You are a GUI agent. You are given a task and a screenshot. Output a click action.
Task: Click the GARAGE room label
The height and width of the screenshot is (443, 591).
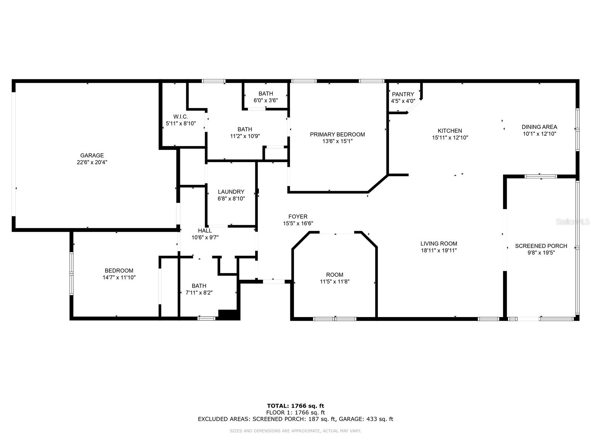click(92, 155)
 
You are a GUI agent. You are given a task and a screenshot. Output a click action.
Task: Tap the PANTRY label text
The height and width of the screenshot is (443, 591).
click(403, 94)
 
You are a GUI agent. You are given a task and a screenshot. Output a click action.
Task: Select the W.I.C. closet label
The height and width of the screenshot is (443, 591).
click(181, 117)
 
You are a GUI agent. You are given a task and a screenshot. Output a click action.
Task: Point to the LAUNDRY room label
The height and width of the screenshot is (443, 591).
click(231, 192)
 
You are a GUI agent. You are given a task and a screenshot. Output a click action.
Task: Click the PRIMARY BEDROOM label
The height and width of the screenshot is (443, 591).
click(337, 134)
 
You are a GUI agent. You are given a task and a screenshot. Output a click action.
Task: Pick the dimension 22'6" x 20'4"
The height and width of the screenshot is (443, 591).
click(92, 162)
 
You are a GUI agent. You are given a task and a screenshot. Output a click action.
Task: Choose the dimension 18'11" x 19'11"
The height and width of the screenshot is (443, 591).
click(439, 250)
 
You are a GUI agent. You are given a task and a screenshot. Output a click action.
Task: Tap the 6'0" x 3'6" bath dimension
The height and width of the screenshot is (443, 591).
click(266, 100)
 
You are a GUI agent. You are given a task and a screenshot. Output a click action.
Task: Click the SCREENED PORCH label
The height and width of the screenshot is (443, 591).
click(541, 246)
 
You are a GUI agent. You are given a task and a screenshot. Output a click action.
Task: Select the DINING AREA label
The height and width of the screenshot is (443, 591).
click(539, 127)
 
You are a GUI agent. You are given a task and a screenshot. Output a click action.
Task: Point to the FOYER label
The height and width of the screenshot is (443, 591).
click(298, 217)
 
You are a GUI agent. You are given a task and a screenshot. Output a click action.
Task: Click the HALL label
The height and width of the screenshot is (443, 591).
click(205, 231)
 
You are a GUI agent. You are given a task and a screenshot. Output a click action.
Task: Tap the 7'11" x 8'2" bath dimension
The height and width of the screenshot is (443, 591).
click(199, 292)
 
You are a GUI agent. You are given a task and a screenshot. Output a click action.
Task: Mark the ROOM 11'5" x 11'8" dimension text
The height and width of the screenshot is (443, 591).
click(335, 281)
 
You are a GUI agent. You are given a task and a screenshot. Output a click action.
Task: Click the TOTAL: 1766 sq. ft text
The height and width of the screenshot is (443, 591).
click(295, 406)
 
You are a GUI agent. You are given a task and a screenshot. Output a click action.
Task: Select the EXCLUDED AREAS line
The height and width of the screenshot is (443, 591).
click(295, 419)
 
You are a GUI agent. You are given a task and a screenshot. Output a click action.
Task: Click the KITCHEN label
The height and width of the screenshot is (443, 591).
click(450, 131)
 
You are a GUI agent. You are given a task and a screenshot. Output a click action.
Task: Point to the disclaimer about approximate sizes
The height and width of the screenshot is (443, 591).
click(295, 431)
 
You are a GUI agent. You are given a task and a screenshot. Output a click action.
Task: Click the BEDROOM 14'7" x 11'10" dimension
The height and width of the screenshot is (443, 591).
click(119, 277)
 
